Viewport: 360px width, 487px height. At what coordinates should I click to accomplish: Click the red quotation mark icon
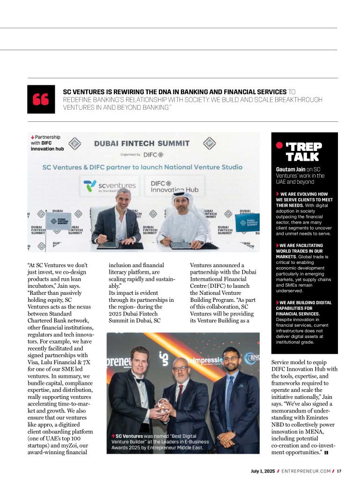tap(41, 99)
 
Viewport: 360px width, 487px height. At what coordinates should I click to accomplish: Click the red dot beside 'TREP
tap(279, 145)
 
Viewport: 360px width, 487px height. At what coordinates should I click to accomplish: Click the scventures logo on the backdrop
tap(110, 186)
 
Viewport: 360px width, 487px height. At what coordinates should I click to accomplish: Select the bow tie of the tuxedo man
tap(140, 381)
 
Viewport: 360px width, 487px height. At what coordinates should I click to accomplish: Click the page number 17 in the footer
tap(339, 471)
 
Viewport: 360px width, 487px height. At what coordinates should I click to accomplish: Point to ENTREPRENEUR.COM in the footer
tap(306, 471)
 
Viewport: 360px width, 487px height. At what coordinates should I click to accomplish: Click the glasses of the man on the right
tap(231, 360)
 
